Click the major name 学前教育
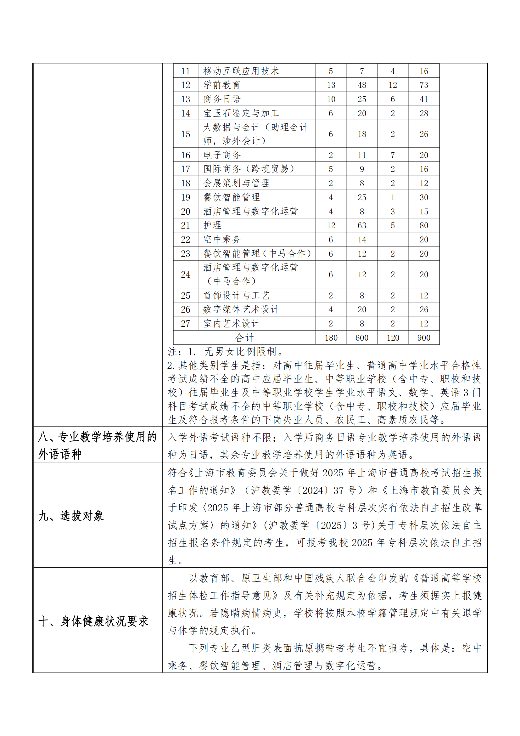[x=222, y=85]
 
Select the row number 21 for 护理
[x=186, y=225]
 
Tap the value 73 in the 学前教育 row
[x=423, y=85]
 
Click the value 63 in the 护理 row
[x=362, y=225]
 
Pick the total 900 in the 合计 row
[x=423, y=337]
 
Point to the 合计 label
[x=244, y=337]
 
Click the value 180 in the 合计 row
[x=331, y=337]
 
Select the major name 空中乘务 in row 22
[x=222, y=240]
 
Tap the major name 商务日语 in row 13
[x=222, y=99]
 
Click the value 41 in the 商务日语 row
[x=423, y=99]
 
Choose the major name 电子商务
[x=222, y=155]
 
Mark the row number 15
[x=186, y=134]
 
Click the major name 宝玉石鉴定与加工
[x=241, y=113]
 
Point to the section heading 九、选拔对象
[x=71, y=516]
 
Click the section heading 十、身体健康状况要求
[x=93, y=621]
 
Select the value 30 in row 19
[x=423, y=197]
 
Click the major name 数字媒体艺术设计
[x=241, y=309]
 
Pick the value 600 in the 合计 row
[x=362, y=337]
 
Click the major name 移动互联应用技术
[x=241, y=71]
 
